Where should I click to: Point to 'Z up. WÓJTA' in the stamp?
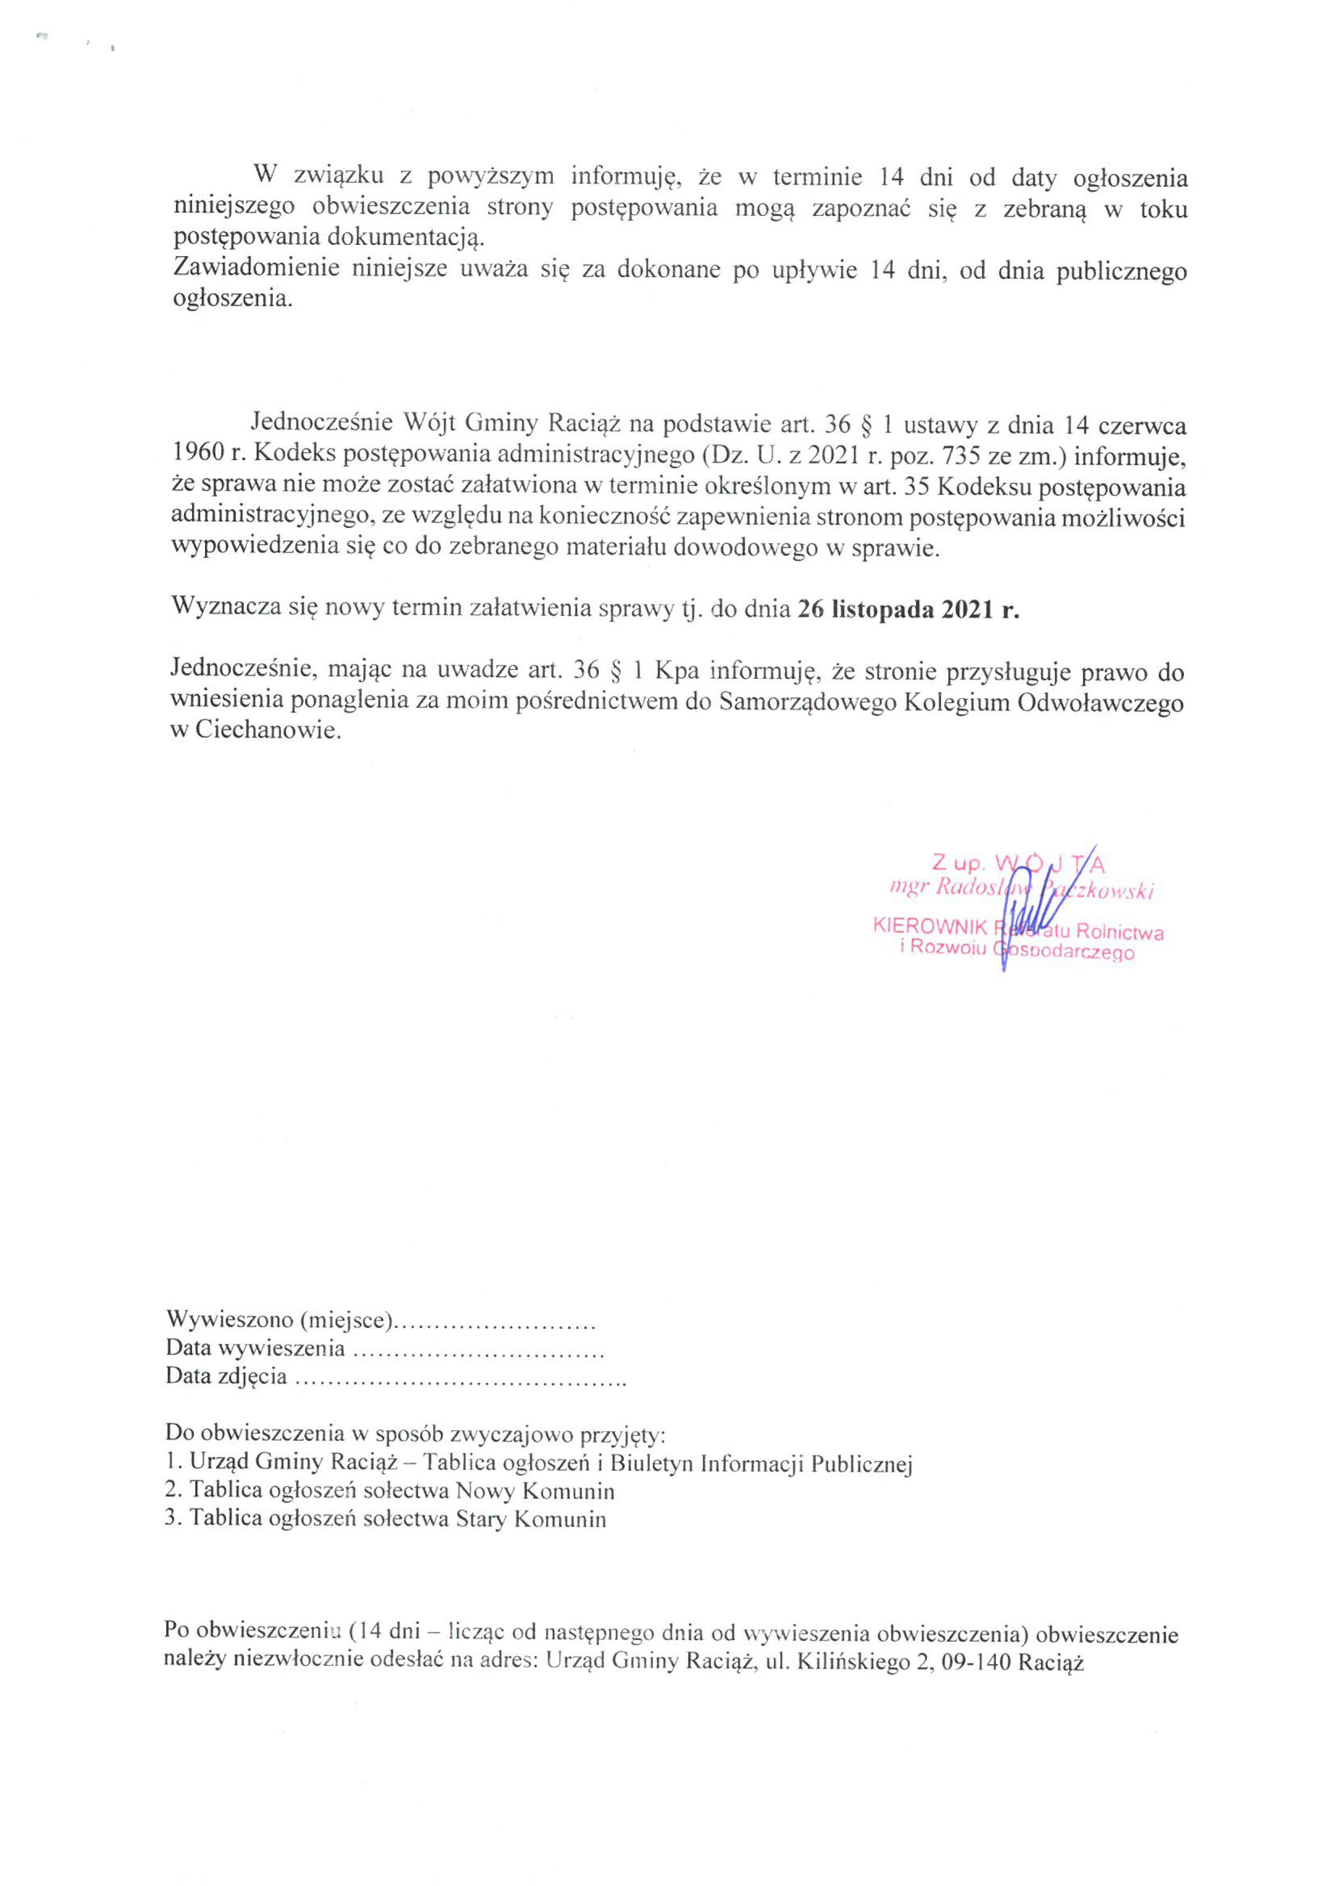pyautogui.click(x=1019, y=863)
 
